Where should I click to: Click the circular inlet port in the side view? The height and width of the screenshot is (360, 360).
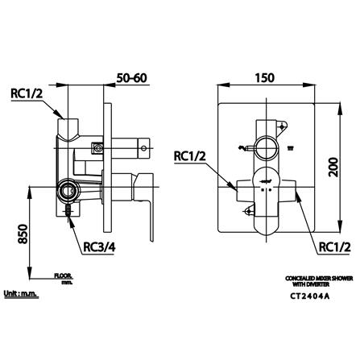coord(68,192)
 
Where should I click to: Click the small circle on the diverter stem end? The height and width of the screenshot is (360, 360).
coord(147,147)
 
